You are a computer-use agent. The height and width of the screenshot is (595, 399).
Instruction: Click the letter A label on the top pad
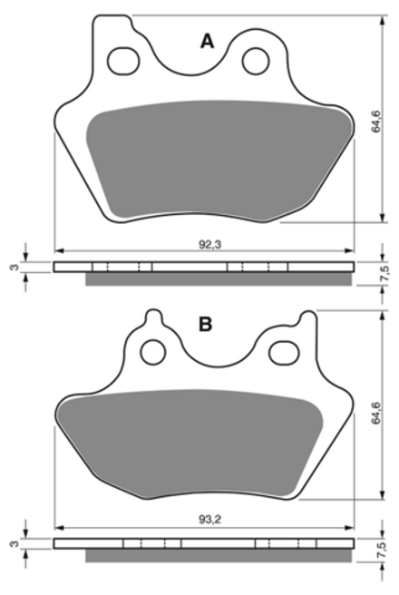coord(207,42)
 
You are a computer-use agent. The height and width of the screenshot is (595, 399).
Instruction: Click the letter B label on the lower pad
coord(206,325)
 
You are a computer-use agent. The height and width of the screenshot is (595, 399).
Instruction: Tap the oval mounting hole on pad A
coord(123,61)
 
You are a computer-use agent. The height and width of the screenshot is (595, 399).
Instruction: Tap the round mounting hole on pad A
coord(256,61)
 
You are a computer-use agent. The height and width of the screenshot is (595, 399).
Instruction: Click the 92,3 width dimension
coord(209,244)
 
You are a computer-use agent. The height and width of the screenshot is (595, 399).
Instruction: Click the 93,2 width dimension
coord(209,520)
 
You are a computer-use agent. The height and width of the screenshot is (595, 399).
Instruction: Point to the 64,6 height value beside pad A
coord(375,122)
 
